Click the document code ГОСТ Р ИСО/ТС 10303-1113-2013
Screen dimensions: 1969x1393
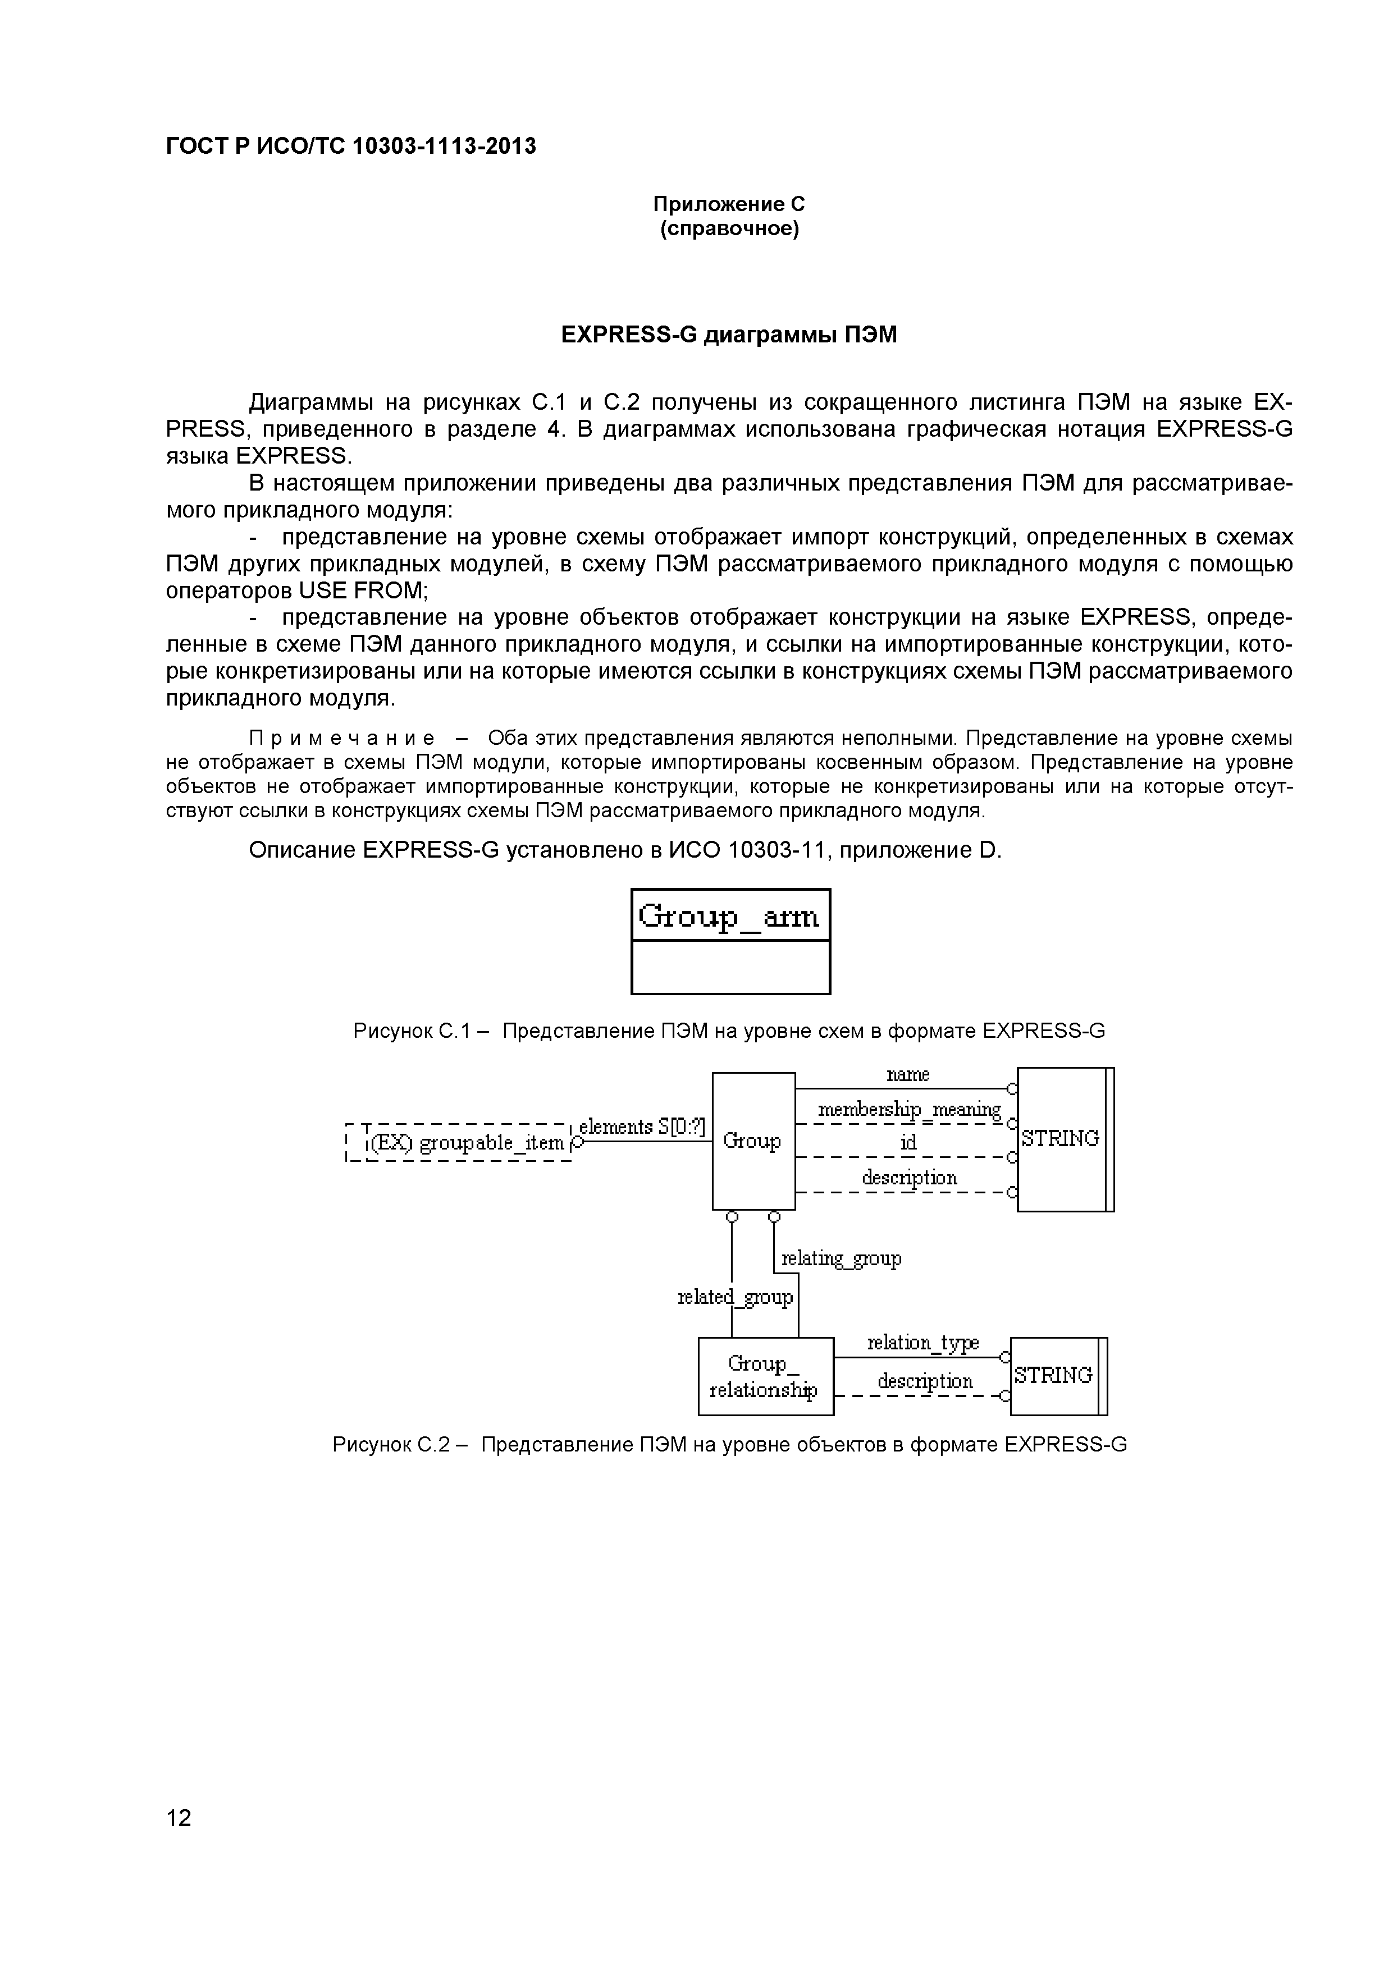click(351, 146)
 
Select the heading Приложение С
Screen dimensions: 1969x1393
click(729, 204)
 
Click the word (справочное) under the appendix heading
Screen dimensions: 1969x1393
click(729, 229)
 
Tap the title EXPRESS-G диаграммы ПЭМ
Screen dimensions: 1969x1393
click(729, 335)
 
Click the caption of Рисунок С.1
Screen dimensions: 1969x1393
click(729, 1031)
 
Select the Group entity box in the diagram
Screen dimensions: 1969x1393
click(752, 1142)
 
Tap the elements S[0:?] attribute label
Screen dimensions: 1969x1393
click(642, 1127)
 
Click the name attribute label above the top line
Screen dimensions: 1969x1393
click(907, 1074)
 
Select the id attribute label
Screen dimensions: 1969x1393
click(907, 1143)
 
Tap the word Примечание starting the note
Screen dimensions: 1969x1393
click(341, 739)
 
